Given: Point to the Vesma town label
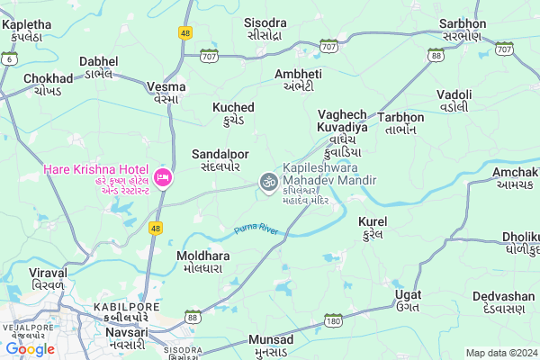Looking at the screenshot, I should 166,93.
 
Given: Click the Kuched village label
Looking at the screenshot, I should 233,113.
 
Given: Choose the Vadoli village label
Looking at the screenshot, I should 454,100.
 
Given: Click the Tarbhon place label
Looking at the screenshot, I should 400,123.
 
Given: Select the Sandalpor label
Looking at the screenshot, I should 220,160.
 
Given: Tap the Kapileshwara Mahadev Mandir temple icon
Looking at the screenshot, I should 266,182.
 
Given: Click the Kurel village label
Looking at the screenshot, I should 372,227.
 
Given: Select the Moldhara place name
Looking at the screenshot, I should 202,262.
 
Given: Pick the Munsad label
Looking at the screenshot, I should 270,346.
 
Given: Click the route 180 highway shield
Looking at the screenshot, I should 333,322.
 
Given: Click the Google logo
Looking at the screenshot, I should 30,349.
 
